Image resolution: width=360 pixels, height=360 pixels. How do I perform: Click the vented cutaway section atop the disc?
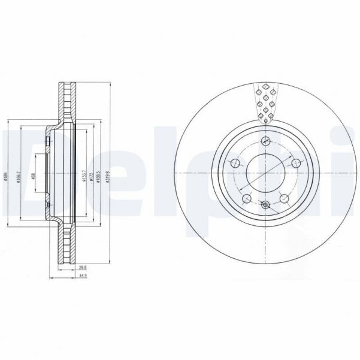coord(265,102)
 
